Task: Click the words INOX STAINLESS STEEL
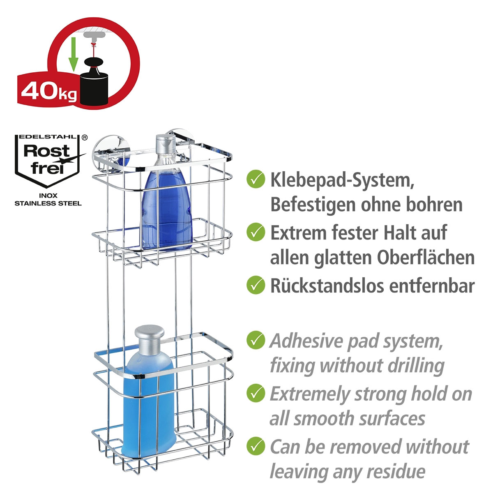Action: click(x=48, y=200)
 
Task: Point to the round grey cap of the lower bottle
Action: click(x=150, y=337)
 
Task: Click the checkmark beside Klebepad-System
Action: click(x=256, y=180)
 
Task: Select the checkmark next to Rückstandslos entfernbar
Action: click(x=256, y=285)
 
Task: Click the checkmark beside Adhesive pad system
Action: click(x=256, y=340)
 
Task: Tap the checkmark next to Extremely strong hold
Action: click(x=256, y=393)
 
